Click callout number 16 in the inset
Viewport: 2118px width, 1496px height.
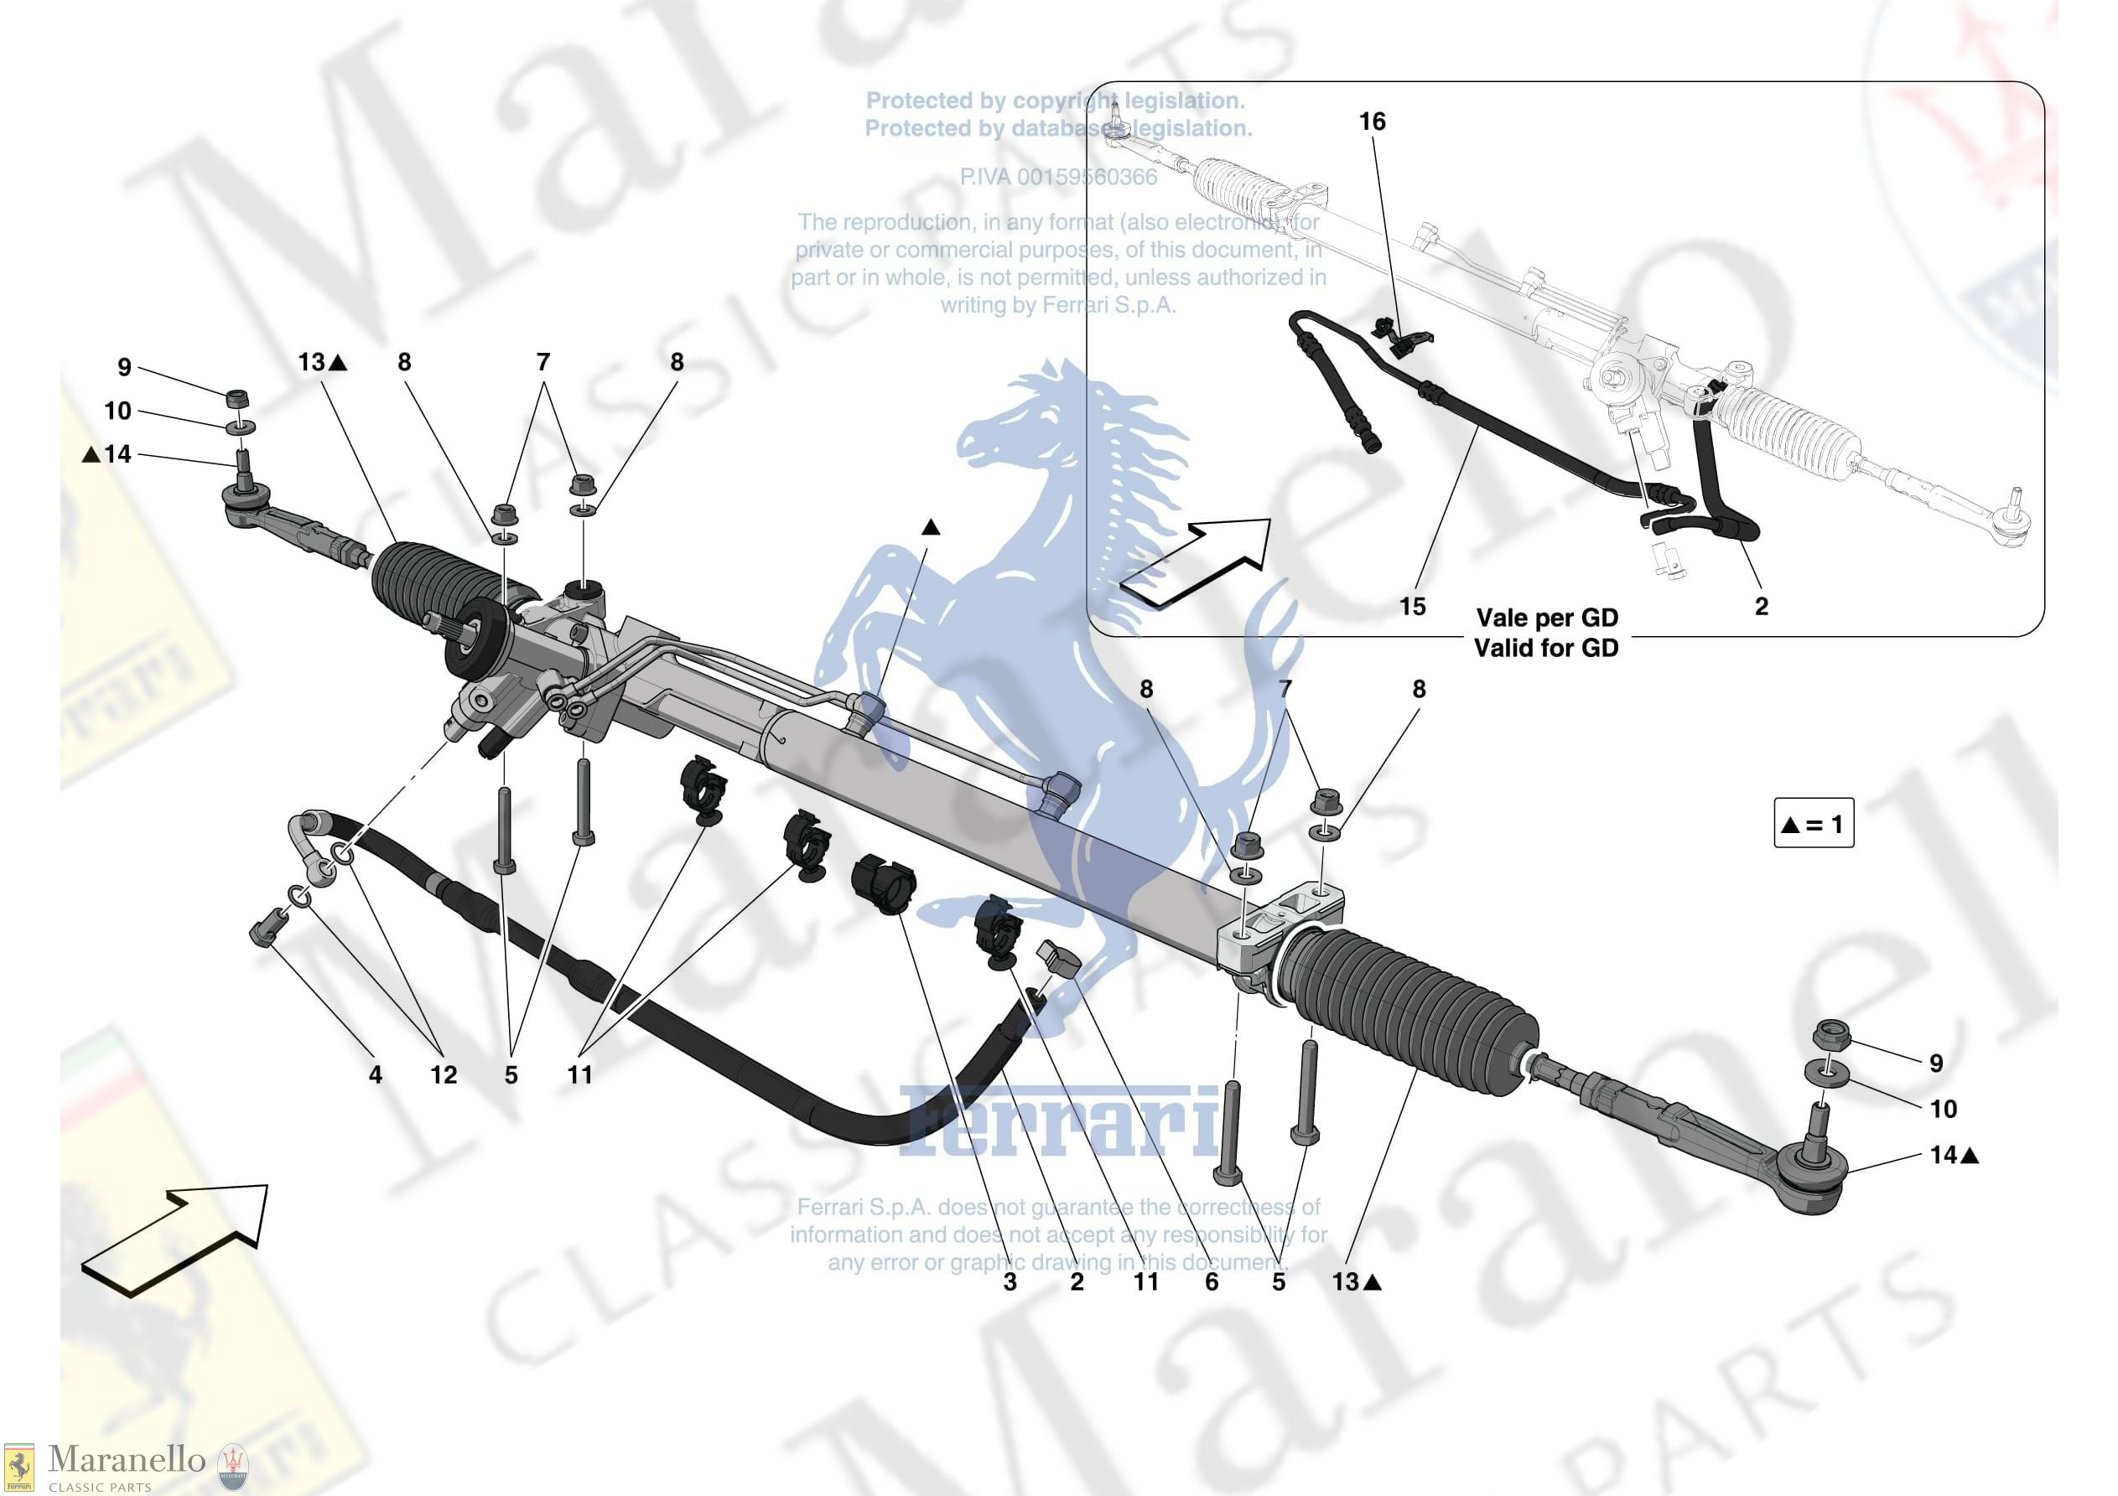coord(1372,122)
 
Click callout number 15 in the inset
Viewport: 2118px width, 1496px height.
coord(1411,607)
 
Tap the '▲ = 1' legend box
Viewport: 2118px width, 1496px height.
coord(1813,823)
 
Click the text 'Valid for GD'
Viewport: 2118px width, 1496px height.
coord(1545,649)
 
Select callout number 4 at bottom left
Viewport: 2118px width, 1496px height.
coord(375,1074)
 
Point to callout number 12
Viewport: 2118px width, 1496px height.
coord(443,1074)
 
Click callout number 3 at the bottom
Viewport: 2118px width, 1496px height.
coord(1010,1282)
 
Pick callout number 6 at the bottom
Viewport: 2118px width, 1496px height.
coord(1212,1282)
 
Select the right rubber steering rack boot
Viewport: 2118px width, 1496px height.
coord(1407,1010)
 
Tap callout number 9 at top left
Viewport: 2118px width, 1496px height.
coord(125,367)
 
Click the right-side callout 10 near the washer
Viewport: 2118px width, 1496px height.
coord(1943,1109)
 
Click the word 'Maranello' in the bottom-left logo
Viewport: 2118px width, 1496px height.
coord(127,1460)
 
